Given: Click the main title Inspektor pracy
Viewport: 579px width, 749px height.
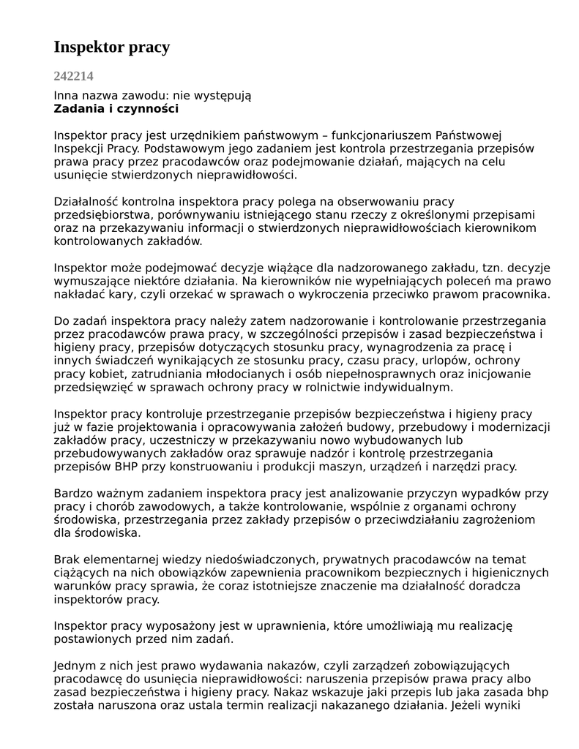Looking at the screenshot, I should pos(111,48).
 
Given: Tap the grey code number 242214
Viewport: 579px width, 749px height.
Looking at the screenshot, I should pos(73,75).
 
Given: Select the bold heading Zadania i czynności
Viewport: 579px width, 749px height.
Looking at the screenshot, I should pos(116,109).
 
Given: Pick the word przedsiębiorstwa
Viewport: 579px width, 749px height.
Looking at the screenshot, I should pos(100,214).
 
